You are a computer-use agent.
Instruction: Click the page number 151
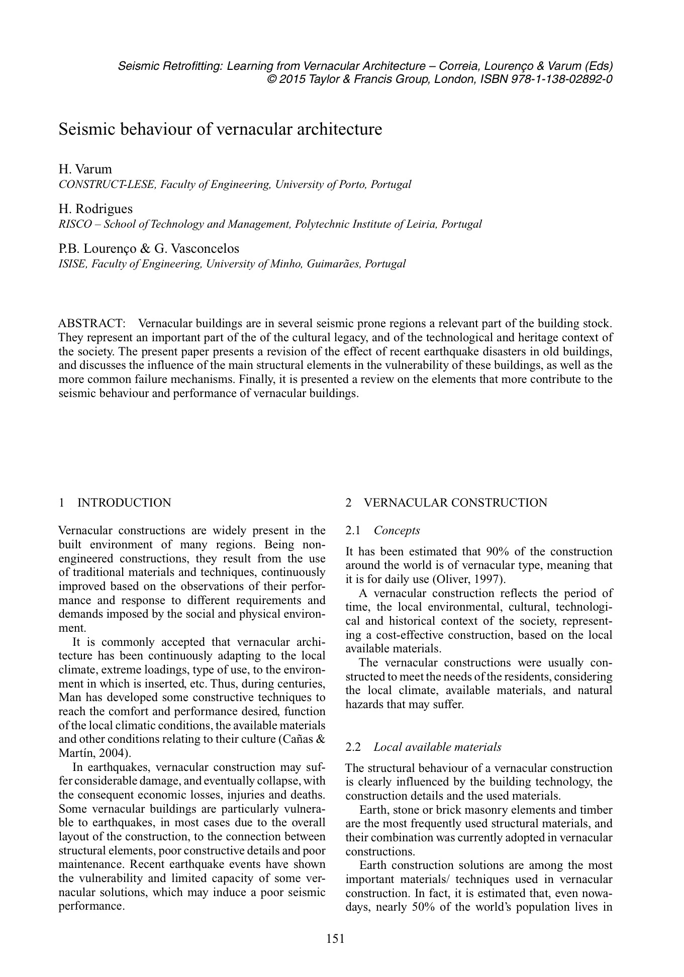pyautogui.click(x=335, y=938)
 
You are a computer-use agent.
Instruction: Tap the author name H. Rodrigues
pyautogui.click(x=95, y=209)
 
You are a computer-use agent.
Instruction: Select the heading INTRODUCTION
pyautogui.click(x=124, y=503)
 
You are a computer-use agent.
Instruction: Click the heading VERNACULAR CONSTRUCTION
pyautogui.click(x=455, y=503)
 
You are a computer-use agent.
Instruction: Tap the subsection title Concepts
pyautogui.click(x=397, y=530)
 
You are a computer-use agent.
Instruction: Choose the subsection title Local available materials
pyautogui.click(x=437, y=747)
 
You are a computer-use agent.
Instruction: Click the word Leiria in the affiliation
pyautogui.click(x=421, y=224)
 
